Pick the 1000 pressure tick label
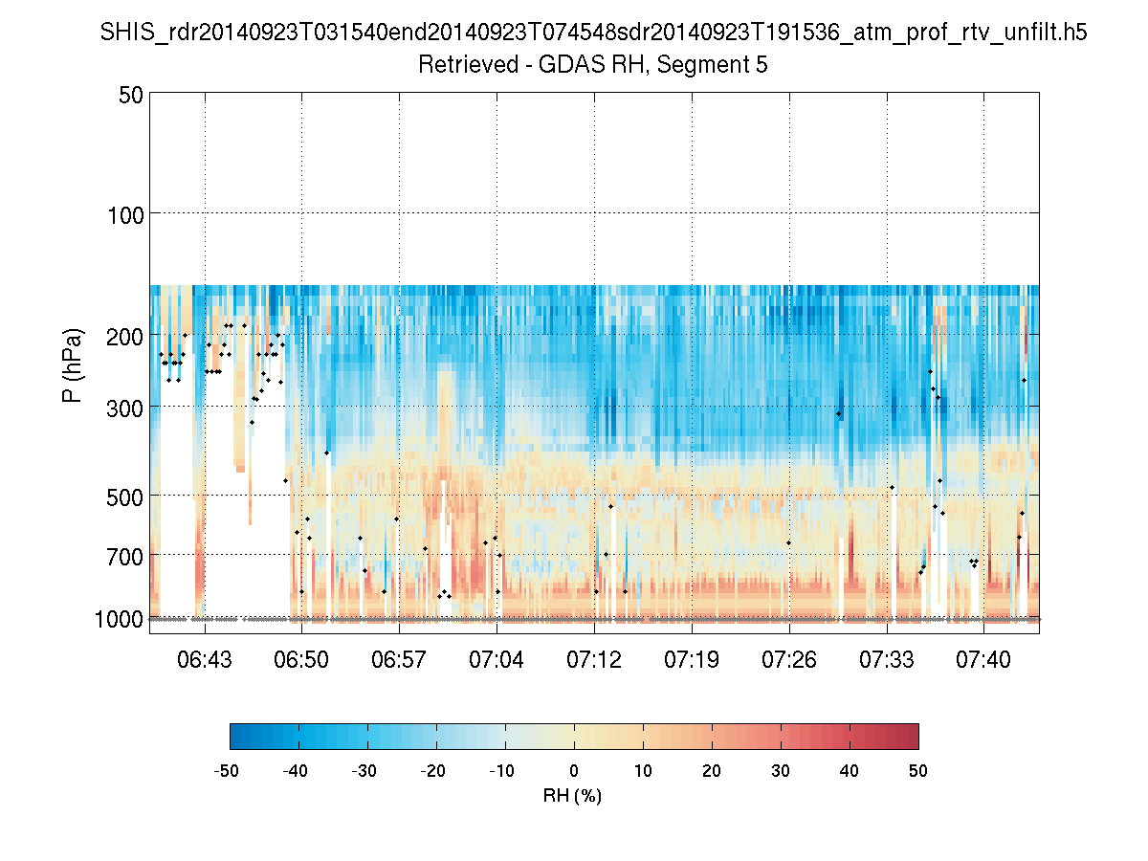(119, 619)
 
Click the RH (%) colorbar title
(572, 795)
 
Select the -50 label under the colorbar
(227, 771)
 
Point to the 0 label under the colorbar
(574, 771)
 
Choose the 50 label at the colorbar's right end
(918, 771)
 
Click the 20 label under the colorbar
(712, 771)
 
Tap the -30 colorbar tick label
(364, 771)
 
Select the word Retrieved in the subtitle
(460, 65)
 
